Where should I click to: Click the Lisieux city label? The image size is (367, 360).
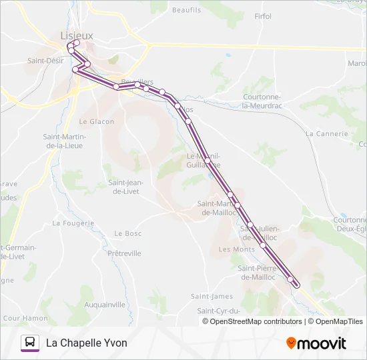pyautogui.click(x=77, y=35)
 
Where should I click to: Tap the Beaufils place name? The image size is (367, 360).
pyautogui.click(x=186, y=10)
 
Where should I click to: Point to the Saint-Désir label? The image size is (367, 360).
pyautogui.click(x=45, y=61)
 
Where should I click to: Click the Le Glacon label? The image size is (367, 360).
pyautogui.click(x=97, y=121)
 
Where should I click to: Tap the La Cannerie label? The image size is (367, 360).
pyautogui.click(x=326, y=133)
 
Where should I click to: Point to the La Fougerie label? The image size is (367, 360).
pyautogui.click(x=70, y=223)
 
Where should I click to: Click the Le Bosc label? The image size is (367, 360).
pyautogui.click(x=128, y=233)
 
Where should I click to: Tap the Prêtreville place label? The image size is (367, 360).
pyautogui.click(x=124, y=253)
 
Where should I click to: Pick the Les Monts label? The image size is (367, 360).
pyautogui.click(x=237, y=249)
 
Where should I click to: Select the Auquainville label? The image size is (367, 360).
pyautogui.click(x=105, y=305)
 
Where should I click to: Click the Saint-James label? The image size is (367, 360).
pyautogui.click(x=212, y=296)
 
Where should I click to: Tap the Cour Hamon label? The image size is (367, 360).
pyautogui.click(x=25, y=319)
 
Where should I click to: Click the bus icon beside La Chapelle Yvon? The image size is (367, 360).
pyautogui.click(x=29, y=343)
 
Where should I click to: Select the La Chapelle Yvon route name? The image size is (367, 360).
pyautogui.click(x=86, y=343)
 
